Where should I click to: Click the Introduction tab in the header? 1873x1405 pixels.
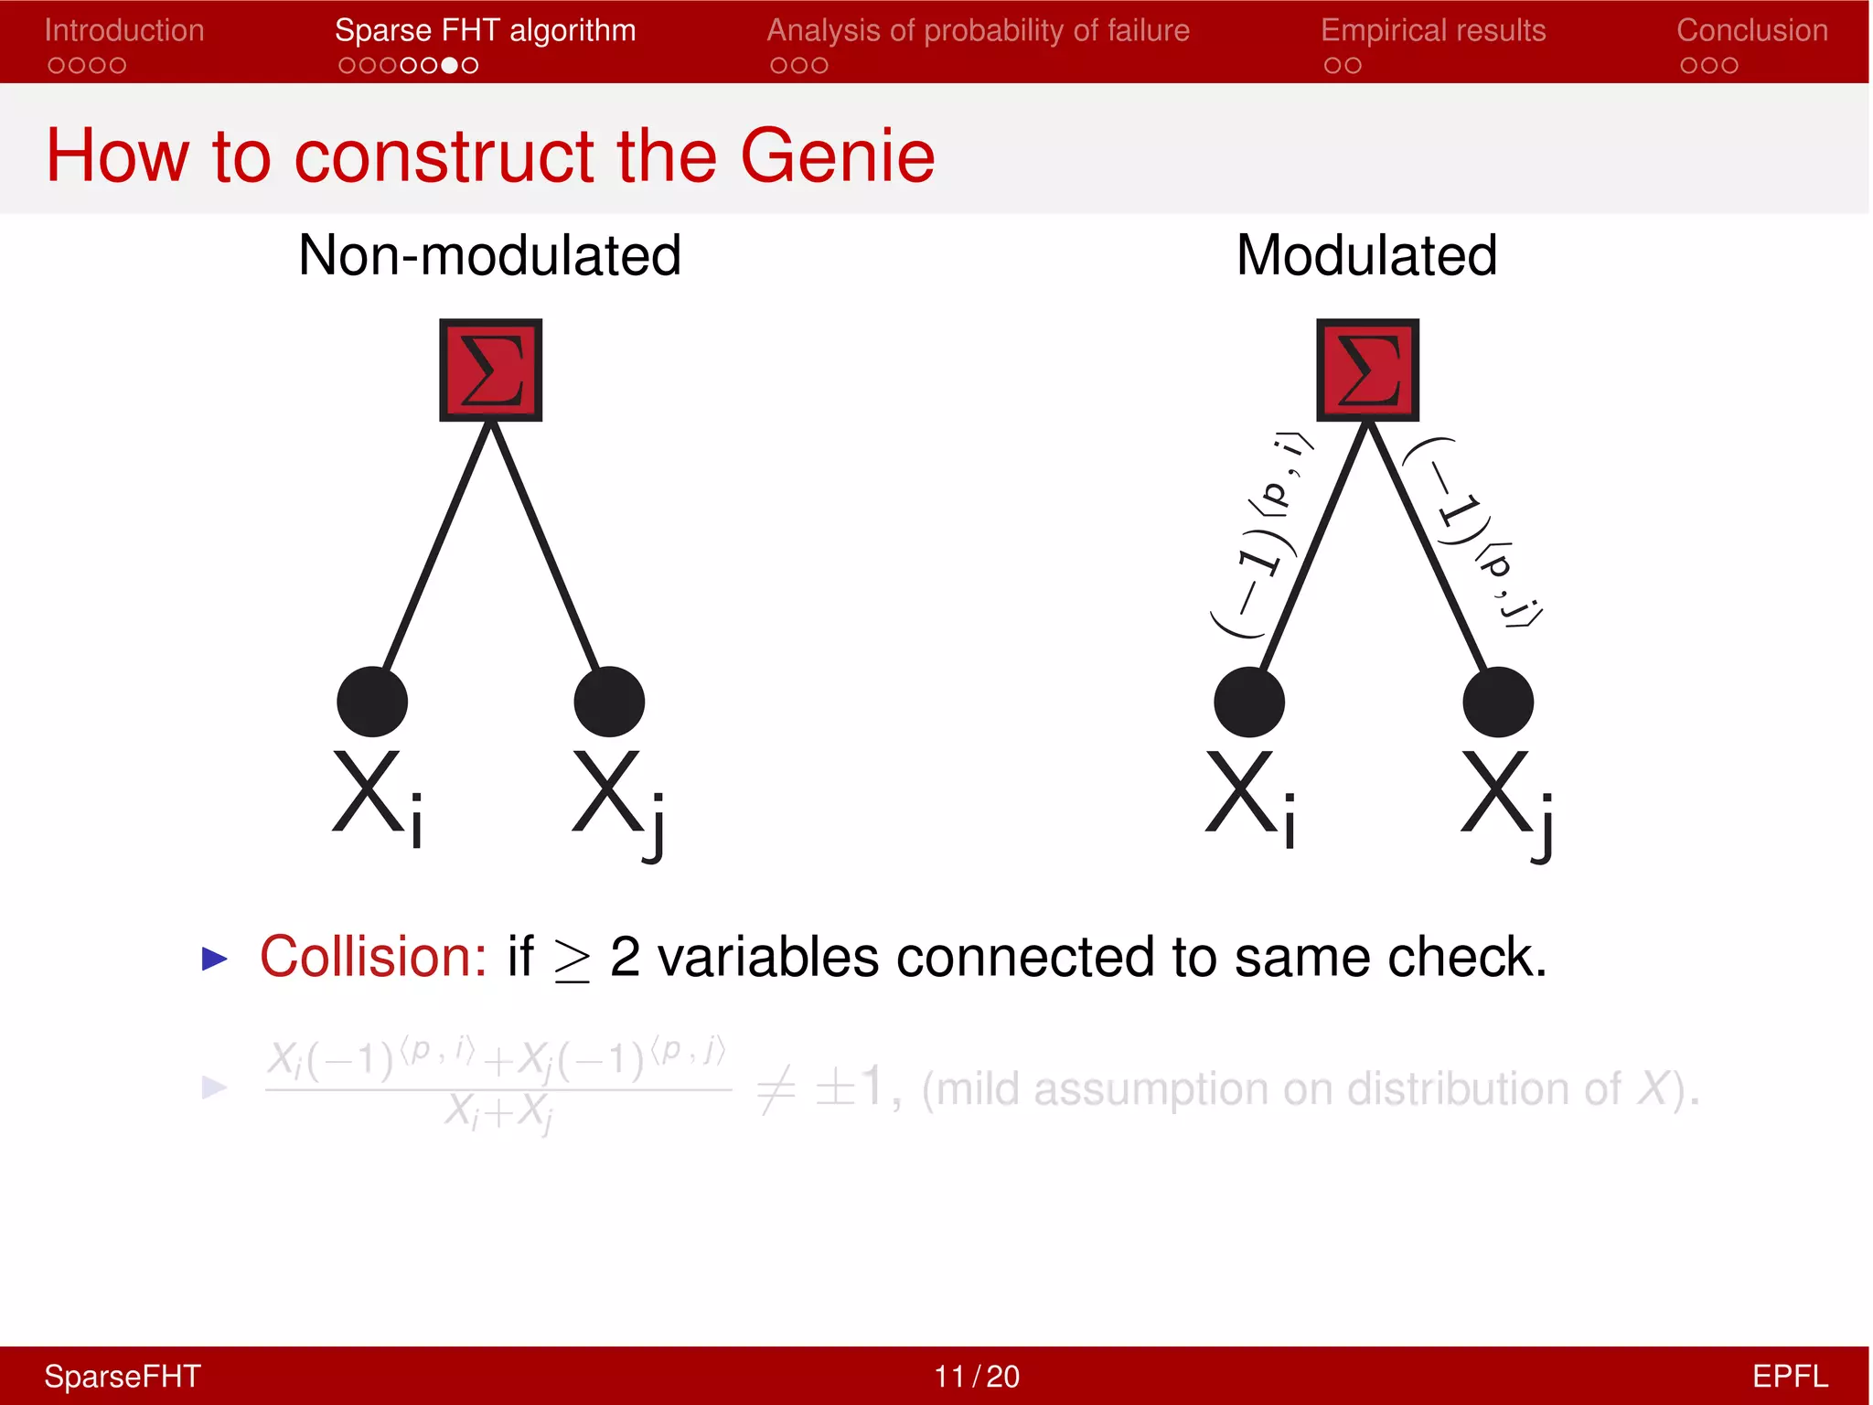tap(124, 30)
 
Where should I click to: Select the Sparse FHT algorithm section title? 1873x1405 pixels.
tap(485, 30)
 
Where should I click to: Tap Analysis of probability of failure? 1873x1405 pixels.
tap(978, 30)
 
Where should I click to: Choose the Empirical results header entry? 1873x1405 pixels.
tap(1432, 30)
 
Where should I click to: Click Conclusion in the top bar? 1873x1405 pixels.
tap(1751, 30)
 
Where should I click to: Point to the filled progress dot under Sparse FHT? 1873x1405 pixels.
tap(449, 65)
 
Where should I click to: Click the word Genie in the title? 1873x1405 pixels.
tap(837, 156)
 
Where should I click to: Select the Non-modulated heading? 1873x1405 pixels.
tap(489, 255)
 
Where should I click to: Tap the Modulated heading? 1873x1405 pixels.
tap(1366, 255)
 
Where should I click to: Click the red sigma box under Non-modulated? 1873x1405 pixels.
tap(491, 370)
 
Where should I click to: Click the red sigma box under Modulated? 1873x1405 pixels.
tap(1367, 370)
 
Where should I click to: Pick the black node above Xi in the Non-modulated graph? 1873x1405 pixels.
tap(372, 702)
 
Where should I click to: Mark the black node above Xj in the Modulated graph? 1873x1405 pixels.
tap(1497, 702)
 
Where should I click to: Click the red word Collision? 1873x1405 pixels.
tap(373, 957)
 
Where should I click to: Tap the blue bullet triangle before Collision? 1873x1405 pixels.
tap(214, 959)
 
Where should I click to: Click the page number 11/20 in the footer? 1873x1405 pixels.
tap(976, 1376)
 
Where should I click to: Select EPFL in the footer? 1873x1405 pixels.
tap(1789, 1376)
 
